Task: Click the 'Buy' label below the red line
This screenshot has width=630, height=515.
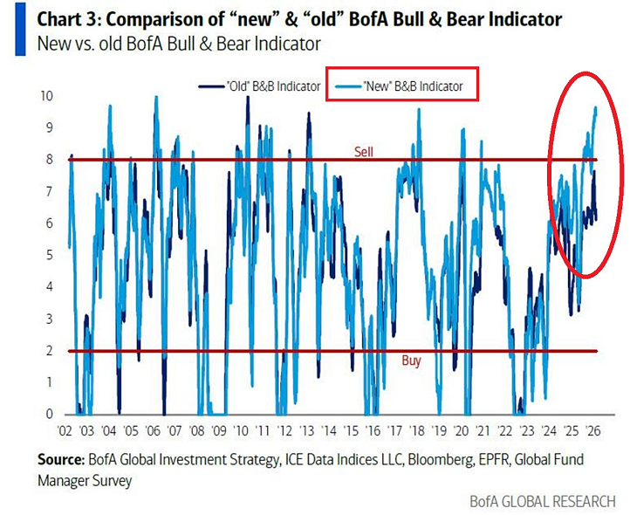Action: [411, 360]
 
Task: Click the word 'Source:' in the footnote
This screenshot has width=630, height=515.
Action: [61, 460]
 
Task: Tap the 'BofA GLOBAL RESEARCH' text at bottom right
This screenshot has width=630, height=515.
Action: [543, 501]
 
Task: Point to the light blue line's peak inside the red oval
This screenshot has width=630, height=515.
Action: [595, 107]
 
